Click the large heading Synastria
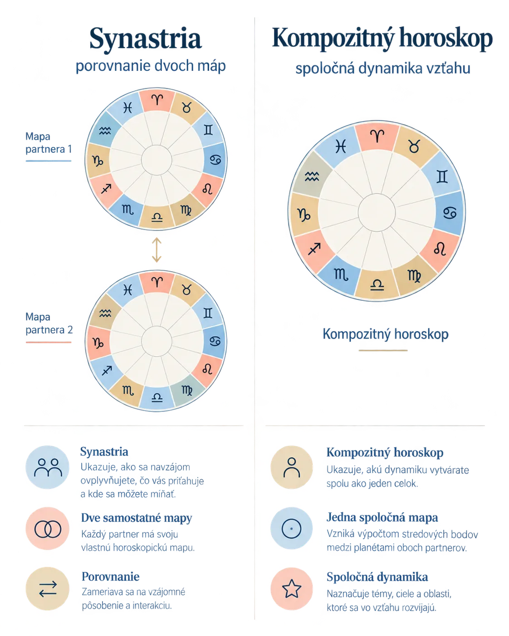[146, 39]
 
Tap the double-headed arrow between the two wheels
[157, 250]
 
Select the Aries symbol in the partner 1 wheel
[157, 100]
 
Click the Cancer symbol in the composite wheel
[450, 212]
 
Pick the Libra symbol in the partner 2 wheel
[157, 397]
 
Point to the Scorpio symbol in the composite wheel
[341, 274]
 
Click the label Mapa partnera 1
[49, 143]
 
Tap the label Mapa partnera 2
[49, 323]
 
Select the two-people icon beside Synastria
[48, 467]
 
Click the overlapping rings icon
[48, 529]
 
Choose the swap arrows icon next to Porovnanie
[48, 589]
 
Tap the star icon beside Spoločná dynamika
[292, 589]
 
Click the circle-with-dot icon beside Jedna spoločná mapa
[291, 529]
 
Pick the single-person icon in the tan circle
[292, 467]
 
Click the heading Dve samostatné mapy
[137, 518]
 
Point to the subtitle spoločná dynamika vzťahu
[383, 68]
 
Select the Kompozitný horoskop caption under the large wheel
[386, 334]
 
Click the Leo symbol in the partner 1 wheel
[207, 189]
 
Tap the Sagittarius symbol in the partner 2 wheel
[107, 370]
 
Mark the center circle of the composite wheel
[377, 212]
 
